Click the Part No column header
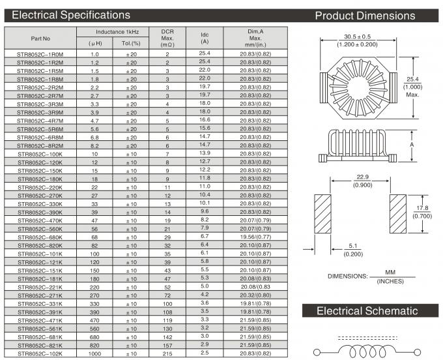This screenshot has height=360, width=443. click(40, 38)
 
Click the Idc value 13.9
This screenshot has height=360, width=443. click(205, 153)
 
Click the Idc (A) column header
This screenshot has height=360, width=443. click(205, 38)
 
